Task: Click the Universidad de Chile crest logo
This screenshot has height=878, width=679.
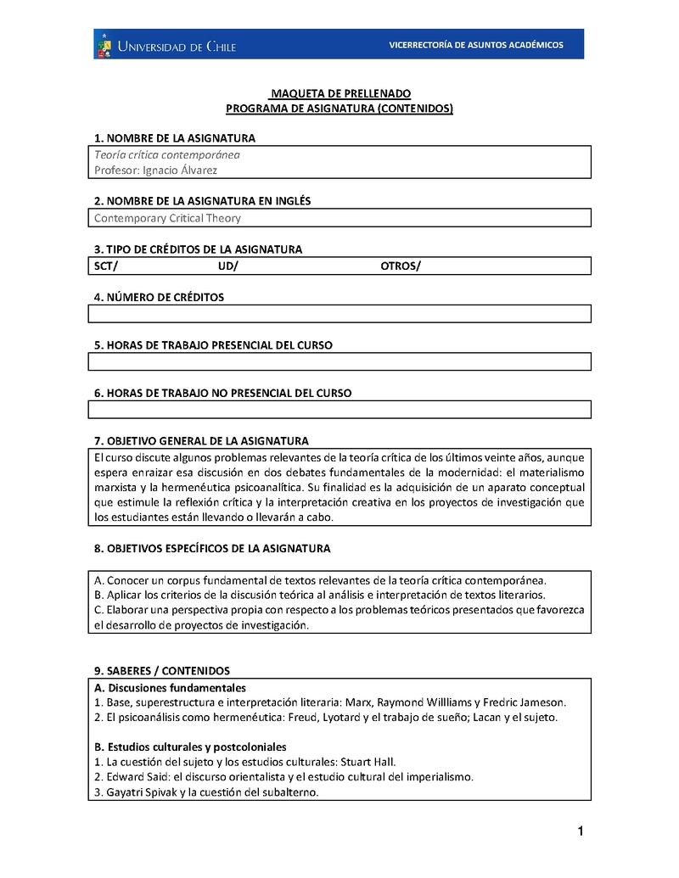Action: pos(105,45)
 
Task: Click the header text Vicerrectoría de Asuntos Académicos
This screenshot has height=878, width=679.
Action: pos(475,45)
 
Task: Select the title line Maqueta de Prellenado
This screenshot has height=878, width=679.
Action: pos(339,93)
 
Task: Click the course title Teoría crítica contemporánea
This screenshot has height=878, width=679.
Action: pos(167,154)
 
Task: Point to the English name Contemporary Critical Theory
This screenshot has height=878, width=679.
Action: pos(167,218)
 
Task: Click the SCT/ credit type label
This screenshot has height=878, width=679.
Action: pos(106,266)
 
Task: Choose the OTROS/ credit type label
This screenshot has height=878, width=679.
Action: pos(401,266)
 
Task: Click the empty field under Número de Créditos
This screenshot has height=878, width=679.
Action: pos(339,314)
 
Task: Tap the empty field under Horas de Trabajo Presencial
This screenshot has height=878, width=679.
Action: pos(339,361)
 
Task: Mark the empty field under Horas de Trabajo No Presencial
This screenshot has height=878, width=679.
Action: pos(339,409)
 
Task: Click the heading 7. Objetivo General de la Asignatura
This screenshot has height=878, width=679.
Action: pos(201,441)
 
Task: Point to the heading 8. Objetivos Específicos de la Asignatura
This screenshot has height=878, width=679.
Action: pos(212,549)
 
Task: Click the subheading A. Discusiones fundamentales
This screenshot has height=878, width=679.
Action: pos(170,687)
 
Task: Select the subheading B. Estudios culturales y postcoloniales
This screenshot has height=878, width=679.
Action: pos(190,747)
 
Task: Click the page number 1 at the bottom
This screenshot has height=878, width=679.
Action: pos(580,831)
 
